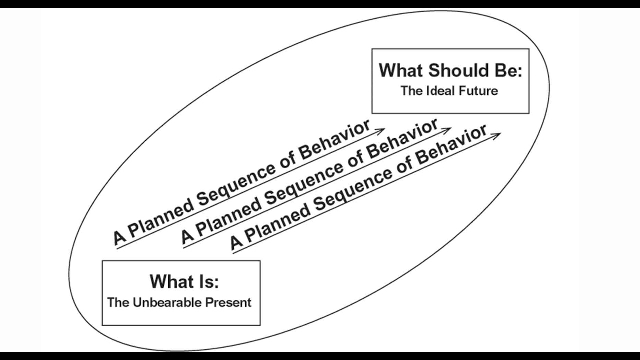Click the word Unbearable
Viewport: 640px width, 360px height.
[163, 302]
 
